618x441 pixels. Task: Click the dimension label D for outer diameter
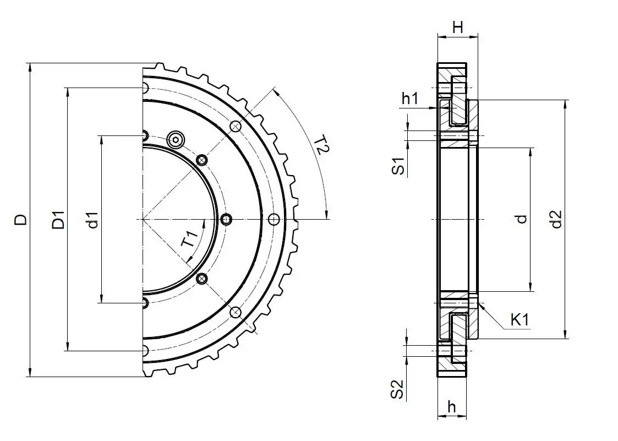point(20,220)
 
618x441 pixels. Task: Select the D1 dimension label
point(58,220)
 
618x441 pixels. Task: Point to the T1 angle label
point(190,240)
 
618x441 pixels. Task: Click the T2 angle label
point(322,148)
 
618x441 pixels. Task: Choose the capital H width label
point(457,27)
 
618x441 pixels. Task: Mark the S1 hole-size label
point(398,166)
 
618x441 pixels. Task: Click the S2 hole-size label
point(398,389)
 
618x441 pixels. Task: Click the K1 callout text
point(519,319)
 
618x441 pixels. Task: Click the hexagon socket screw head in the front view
point(176,139)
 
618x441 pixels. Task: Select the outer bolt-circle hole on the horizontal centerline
point(274,220)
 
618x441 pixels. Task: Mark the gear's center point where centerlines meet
point(143,220)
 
